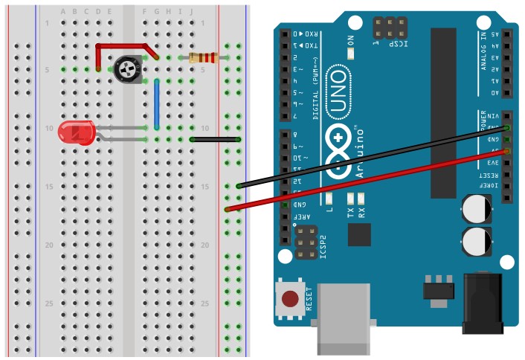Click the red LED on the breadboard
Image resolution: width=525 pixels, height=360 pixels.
coord(77,133)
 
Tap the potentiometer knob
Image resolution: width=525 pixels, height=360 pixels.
coord(128,71)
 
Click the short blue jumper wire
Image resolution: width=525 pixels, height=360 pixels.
coord(157,104)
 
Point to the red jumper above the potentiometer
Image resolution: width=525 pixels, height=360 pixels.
coord(126,45)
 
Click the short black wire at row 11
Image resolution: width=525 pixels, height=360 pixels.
coord(215,139)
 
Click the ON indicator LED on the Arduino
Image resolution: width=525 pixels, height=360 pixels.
coord(352,54)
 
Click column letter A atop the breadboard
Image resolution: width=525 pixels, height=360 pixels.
coord(63,12)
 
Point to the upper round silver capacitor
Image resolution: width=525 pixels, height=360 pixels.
coord(476,209)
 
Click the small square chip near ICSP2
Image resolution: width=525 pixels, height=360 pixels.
coord(359,235)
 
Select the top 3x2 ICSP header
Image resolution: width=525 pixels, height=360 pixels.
coord(390,30)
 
